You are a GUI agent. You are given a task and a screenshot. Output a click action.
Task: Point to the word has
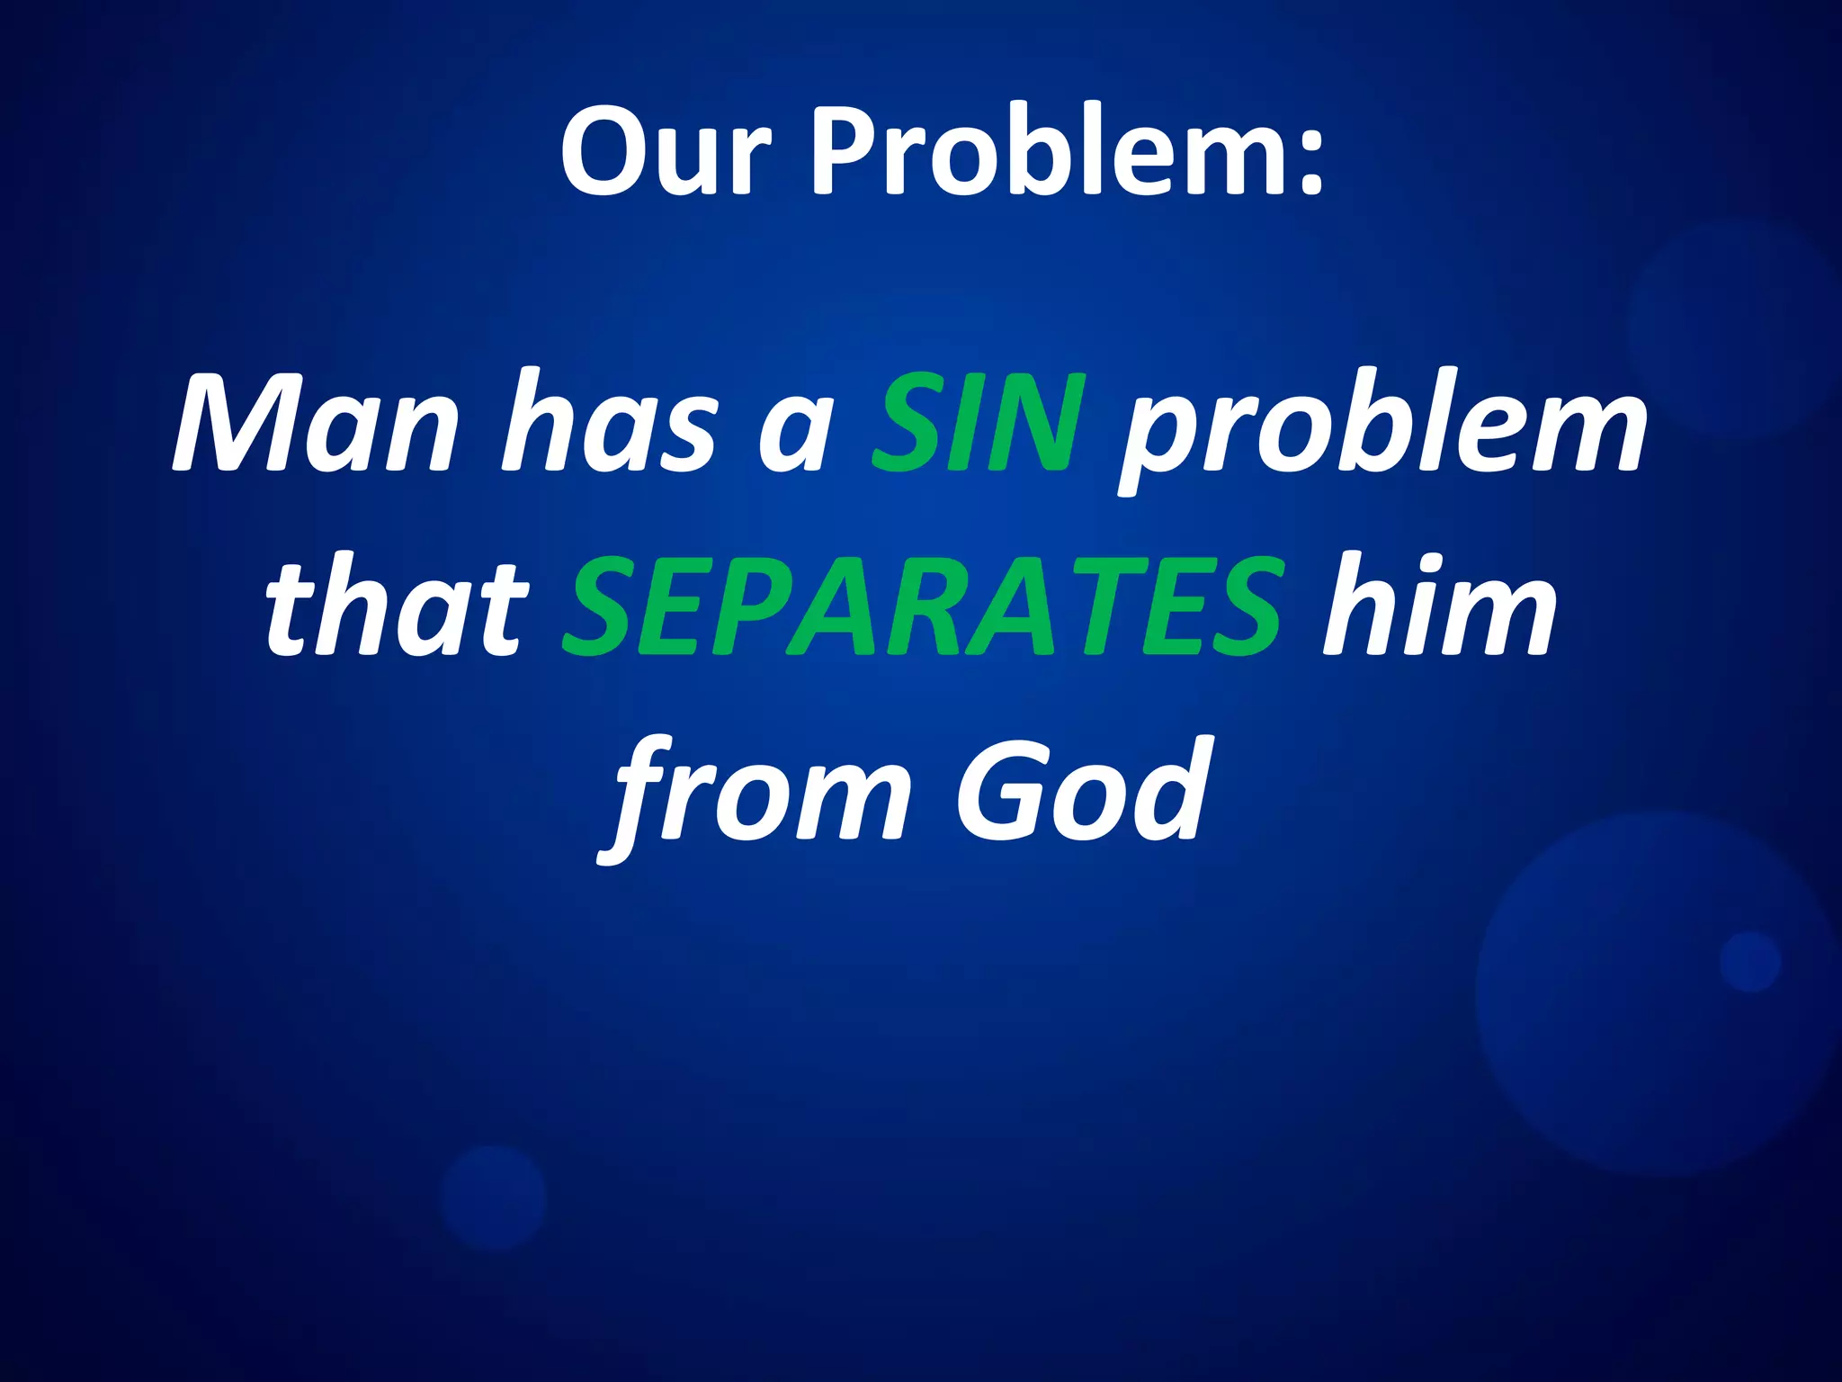coord(611,423)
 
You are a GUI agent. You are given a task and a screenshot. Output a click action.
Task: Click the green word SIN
coord(979,423)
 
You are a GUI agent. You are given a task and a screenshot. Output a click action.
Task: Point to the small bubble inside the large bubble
coord(1749,962)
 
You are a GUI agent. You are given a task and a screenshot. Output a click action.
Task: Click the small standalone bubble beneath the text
coord(494,1198)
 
